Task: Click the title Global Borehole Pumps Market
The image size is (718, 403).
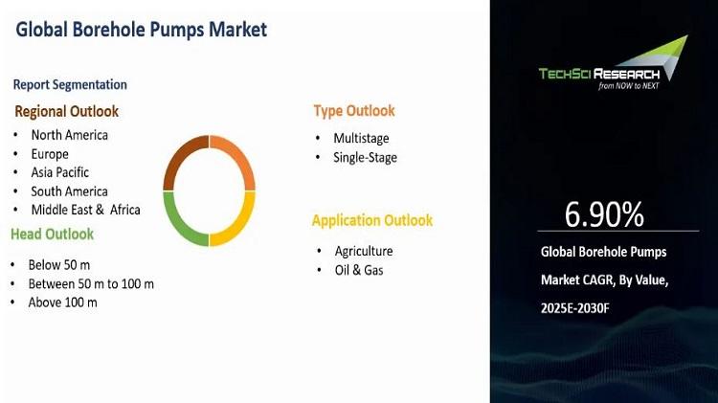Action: pyautogui.click(x=141, y=30)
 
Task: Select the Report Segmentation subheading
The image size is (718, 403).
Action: pyautogui.click(x=70, y=85)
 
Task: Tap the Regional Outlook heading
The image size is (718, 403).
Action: pyautogui.click(x=66, y=111)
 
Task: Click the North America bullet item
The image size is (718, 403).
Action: pyautogui.click(x=70, y=135)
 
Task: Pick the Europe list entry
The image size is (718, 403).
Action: pyautogui.click(x=50, y=154)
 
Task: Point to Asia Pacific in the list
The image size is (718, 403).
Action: pyautogui.click(x=60, y=172)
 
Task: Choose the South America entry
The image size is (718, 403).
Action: pyautogui.click(x=70, y=191)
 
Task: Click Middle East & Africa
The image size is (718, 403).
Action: pyautogui.click(x=85, y=210)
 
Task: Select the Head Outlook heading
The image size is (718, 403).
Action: pyautogui.click(x=53, y=234)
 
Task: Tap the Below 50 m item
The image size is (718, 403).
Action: pyautogui.click(x=59, y=265)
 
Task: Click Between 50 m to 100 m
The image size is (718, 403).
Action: pyautogui.click(x=91, y=284)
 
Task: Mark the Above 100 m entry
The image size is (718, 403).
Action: pyautogui.click(x=63, y=302)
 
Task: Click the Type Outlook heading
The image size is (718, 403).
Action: pyautogui.click(x=354, y=111)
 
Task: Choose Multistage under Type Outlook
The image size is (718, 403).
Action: pyautogui.click(x=361, y=138)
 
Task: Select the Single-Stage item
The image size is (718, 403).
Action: pyautogui.click(x=365, y=158)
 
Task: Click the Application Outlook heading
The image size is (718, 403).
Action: pyautogui.click(x=372, y=220)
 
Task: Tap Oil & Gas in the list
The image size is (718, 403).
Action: pyautogui.click(x=359, y=270)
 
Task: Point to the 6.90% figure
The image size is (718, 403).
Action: pyautogui.click(x=604, y=214)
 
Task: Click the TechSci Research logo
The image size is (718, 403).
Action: pyautogui.click(x=613, y=63)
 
